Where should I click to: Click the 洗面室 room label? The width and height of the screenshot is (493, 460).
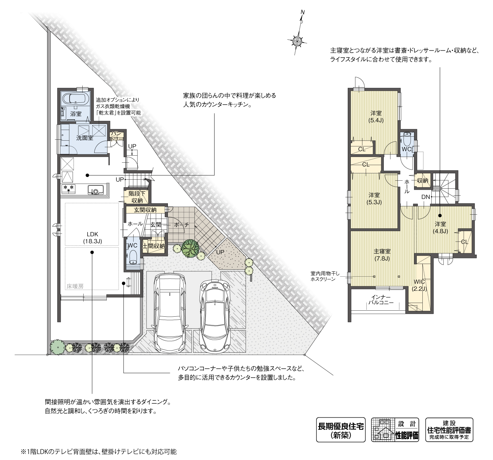(85, 138)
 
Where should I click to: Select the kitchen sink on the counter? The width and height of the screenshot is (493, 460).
(95, 190)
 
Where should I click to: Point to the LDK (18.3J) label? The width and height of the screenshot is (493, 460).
(92, 238)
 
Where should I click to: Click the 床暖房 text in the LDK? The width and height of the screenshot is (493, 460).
(75, 286)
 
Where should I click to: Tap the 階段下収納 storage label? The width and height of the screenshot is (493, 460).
(137, 197)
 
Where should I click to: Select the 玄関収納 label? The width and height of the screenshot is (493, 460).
(145, 210)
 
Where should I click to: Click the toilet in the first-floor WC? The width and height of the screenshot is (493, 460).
(133, 257)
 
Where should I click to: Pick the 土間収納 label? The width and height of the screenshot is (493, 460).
(154, 246)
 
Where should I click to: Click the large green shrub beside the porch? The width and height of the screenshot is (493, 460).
(191, 248)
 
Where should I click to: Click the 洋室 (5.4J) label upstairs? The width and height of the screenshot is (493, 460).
(376, 116)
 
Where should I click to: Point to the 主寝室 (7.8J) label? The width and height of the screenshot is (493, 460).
(382, 255)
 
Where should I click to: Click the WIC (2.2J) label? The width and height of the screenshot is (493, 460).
(419, 285)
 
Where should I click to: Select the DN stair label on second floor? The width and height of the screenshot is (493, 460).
(426, 197)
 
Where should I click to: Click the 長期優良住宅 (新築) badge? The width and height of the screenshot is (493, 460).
(340, 430)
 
